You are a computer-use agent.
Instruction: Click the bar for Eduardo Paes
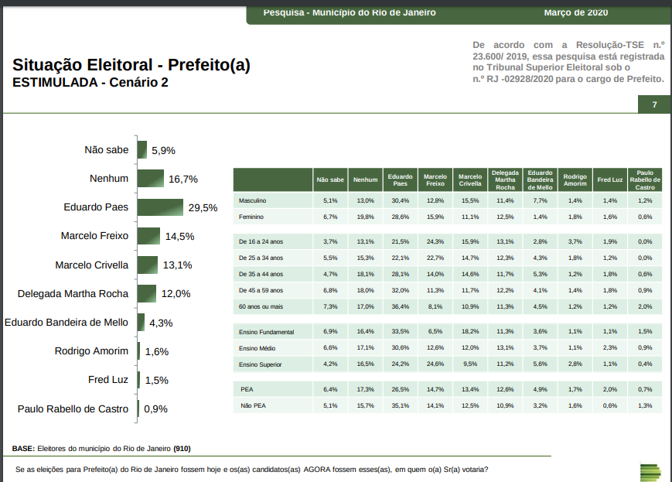160,207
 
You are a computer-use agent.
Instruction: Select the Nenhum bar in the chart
150,179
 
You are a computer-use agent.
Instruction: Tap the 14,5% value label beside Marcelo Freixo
179,236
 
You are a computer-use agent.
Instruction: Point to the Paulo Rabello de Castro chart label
73,409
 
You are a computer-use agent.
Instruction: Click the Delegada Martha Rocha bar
146,293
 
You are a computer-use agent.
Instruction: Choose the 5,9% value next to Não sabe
163,150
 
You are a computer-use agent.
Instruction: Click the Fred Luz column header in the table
609,179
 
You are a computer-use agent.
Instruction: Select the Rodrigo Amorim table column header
575,179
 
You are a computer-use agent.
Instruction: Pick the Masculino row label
252,200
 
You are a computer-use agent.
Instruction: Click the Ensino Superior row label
260,364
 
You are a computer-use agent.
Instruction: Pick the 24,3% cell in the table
435,241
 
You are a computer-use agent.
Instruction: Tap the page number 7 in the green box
654,105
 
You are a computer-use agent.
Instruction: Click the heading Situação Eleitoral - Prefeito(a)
131,65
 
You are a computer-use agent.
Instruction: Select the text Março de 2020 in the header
575,12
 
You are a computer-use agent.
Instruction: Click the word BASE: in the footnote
23,449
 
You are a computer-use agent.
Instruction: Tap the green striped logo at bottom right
650,471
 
